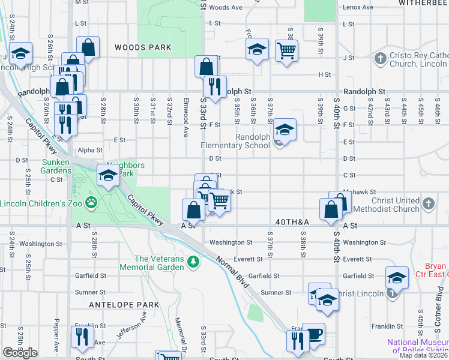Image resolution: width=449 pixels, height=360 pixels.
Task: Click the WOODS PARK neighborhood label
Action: pyautogui.click(x=143, y=47)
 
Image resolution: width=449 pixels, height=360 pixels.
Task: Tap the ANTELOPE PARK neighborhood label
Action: pyautogui.click(x=124, y=305)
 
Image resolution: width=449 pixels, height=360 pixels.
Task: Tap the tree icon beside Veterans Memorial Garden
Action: pyautogui.click(x=193, y=261)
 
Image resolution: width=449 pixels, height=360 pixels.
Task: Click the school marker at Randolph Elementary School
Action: pyautogui.click(x=285, y=130)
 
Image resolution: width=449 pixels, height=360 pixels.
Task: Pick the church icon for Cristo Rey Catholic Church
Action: pyautogui.click(x=379, y=59)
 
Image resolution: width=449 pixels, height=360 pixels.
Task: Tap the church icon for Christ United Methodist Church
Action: pyautogui.click(x=427, y=204)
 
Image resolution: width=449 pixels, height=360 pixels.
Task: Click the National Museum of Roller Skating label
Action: pyautogui.click(x=417, y=346)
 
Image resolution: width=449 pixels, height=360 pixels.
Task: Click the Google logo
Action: pyautogui.click(x=20, y=353)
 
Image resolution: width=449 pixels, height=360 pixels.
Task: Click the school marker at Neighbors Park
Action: pyautogui.click(x=107, y=176)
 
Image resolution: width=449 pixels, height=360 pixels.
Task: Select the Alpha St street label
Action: pyautogui.click(x=90, y=151)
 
